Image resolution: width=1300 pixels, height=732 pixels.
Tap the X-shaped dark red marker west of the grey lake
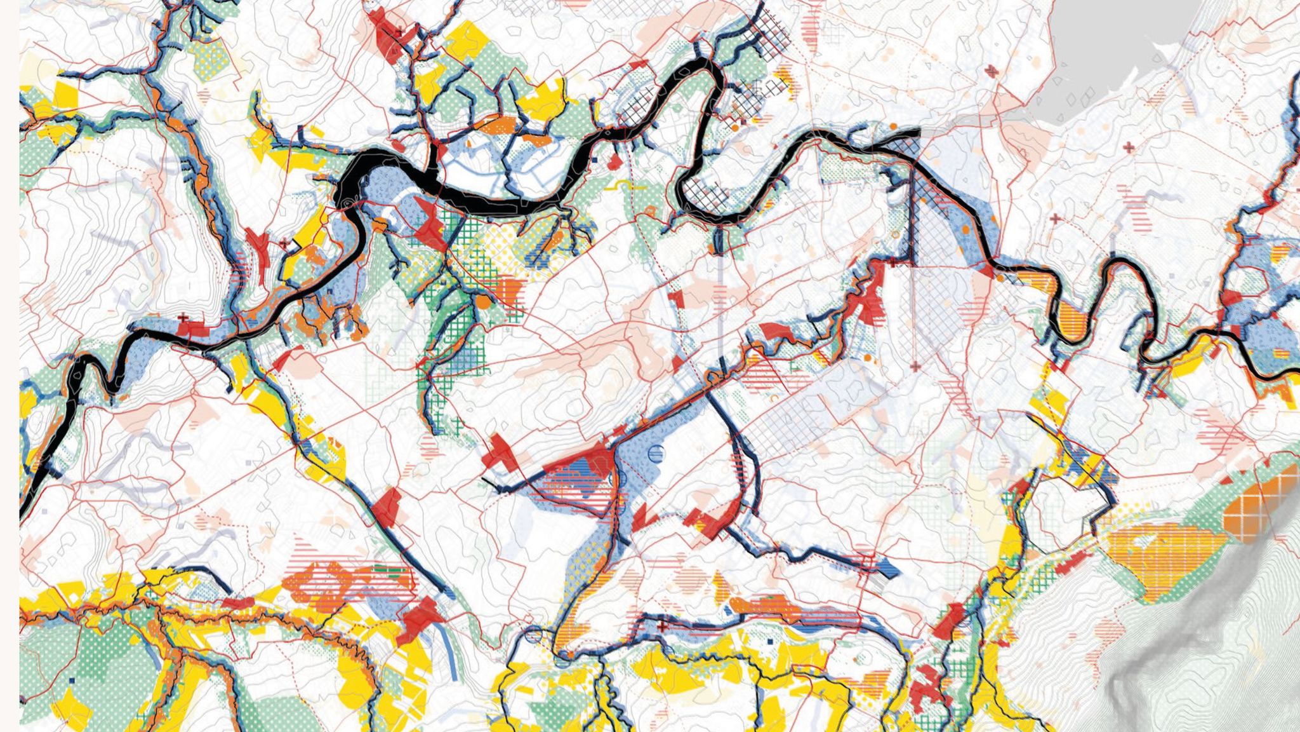point(992,71)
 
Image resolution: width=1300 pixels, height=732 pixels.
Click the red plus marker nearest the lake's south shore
point(1128,147)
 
